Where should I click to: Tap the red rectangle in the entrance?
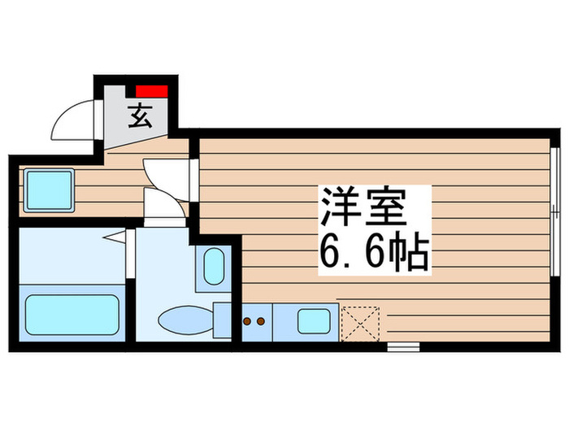152,90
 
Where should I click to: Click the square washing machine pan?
49,190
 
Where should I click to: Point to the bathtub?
72,313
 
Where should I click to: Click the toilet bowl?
184,319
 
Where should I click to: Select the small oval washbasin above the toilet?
213,266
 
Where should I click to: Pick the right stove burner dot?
261,321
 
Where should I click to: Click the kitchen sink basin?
313,321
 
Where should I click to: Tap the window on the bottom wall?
402,346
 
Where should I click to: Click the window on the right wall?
554,186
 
